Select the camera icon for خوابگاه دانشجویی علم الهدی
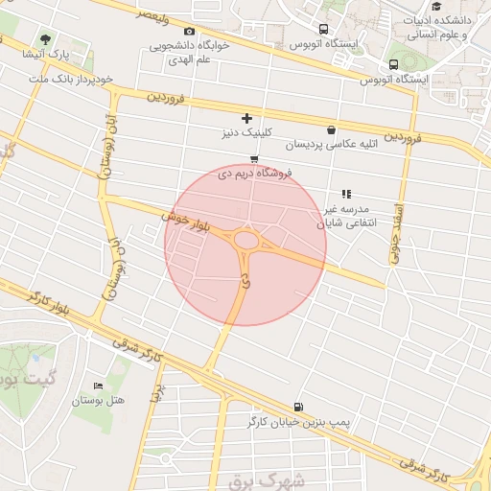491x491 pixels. click(x=188, y=32)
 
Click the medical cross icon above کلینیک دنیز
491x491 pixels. click(x=246, y=118)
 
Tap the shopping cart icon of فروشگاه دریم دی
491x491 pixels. click(x=253, y=159)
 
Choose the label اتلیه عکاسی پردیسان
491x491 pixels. click(x=325, y=146)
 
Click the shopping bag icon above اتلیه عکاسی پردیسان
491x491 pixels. click(x=332, y=130)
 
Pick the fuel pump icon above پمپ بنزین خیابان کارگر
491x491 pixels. click(x=298, y=407)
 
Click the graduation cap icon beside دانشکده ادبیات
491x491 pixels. click(x=436, y=7)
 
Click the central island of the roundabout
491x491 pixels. click(x=246, y=240)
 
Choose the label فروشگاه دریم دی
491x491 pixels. click(x=254, y=174)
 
